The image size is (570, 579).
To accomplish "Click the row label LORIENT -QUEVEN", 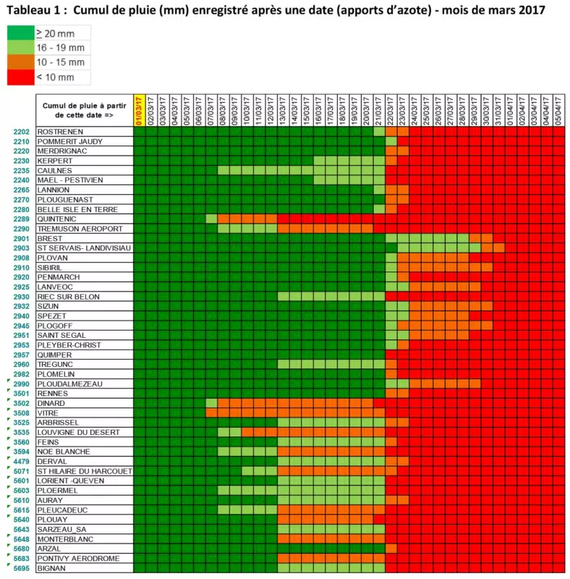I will [x=70, y=481].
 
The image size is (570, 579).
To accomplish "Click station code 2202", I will [x=21, y=132].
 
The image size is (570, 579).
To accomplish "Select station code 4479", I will [x=21, y=461].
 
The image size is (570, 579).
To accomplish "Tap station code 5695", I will [x=21, y=568].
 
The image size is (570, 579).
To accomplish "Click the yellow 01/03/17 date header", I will [x=139, y=111].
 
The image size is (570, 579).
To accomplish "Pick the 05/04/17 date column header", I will [x=558, y=111].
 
